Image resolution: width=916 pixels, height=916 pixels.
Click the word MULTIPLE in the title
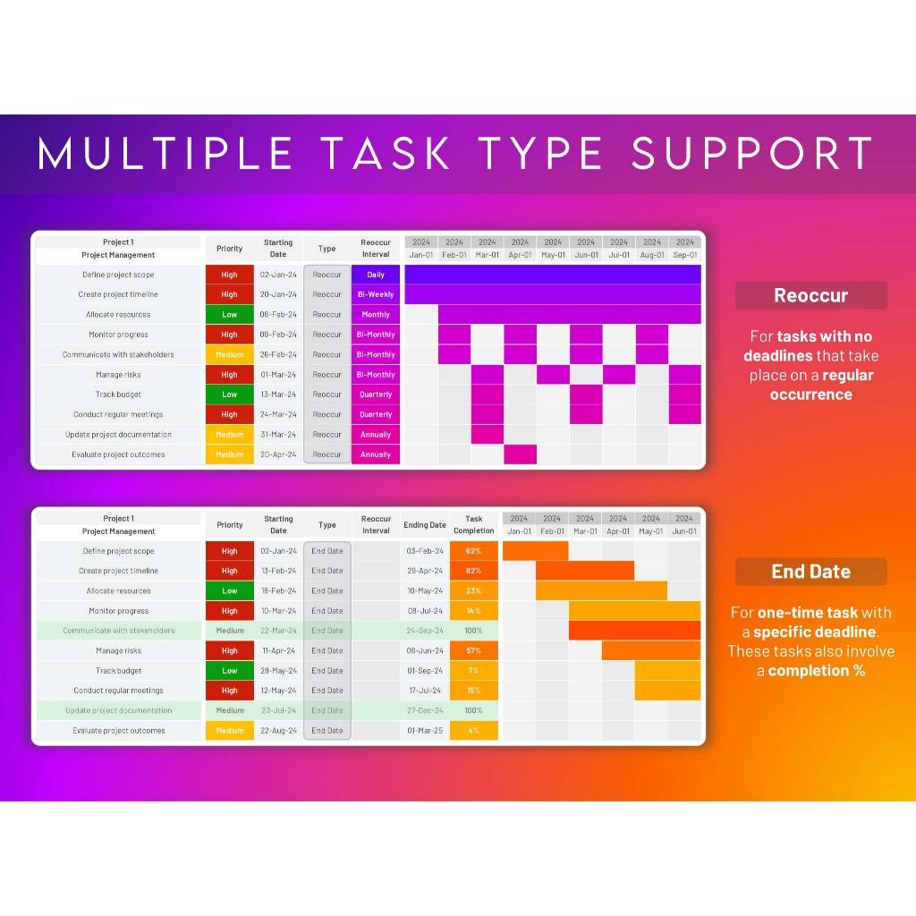[x=165, y=153]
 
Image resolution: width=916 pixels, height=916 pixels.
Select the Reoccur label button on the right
[x=810, y=295]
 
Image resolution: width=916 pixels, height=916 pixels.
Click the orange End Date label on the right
[x=810, y=572]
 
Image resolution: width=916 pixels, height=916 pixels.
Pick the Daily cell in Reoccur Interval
[x=376, y=275]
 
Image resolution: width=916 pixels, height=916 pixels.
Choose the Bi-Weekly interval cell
[x=376, y=294]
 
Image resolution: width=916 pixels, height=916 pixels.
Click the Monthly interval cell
[x=376, y=315]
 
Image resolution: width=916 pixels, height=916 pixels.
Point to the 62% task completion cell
[x=473, y=551]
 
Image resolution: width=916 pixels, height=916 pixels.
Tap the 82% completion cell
[x=473, y=571]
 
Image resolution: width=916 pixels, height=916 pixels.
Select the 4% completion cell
[x=473, y=731]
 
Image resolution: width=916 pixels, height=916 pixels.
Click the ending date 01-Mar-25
[x=424, y=731]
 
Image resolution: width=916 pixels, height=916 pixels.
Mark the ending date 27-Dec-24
[x=424, y=710]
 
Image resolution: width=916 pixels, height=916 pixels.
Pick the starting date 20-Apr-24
[x=278, y=454]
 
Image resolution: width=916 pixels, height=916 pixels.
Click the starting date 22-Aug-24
[x=278, y=731]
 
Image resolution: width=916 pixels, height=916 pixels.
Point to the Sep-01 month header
[x=684, y=255]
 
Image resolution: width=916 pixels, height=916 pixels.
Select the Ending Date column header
[x=424, y=525]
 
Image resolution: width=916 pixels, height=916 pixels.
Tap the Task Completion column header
[x=473, y=524]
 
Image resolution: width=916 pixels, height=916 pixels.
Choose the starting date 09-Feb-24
[x=278, y=335]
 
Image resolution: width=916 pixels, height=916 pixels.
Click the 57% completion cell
[x=473, y=650]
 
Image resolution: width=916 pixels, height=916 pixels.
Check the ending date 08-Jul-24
[x=424, y=611]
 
